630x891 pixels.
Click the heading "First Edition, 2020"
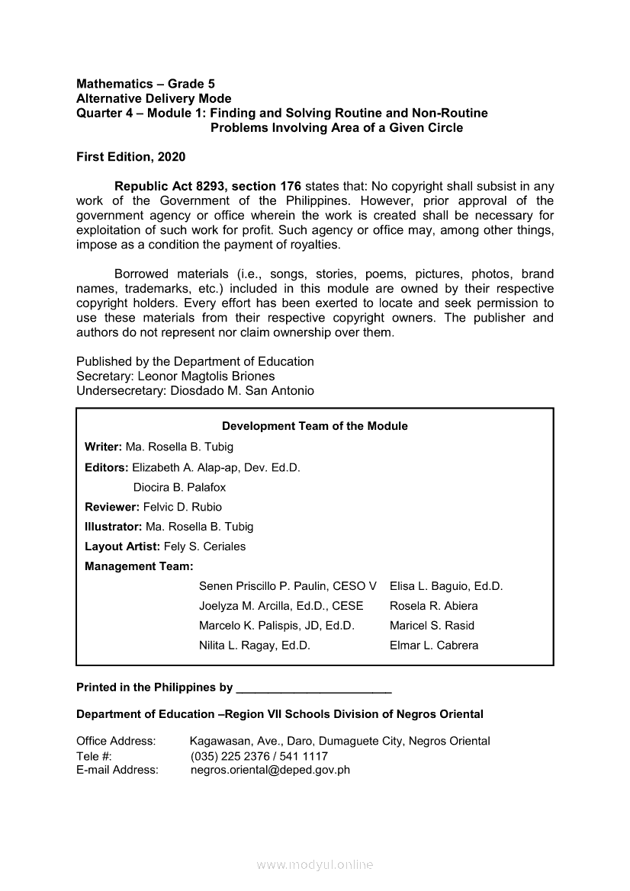tap(130, 157)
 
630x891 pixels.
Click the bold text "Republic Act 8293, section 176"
tap(208, 187)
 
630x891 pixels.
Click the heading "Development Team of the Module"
tap(314, 426)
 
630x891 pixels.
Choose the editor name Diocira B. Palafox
tap(179, 487)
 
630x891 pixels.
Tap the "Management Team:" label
tap(139, 566)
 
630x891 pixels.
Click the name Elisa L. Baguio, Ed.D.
tap(446, 586)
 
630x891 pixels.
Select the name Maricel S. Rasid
tap(432, 626)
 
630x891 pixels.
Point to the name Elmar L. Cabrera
tap(434, 646)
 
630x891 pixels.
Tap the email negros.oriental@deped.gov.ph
tap(270, 770)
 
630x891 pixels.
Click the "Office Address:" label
tap(116, 741)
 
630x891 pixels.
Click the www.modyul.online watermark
tap(315, 865)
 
